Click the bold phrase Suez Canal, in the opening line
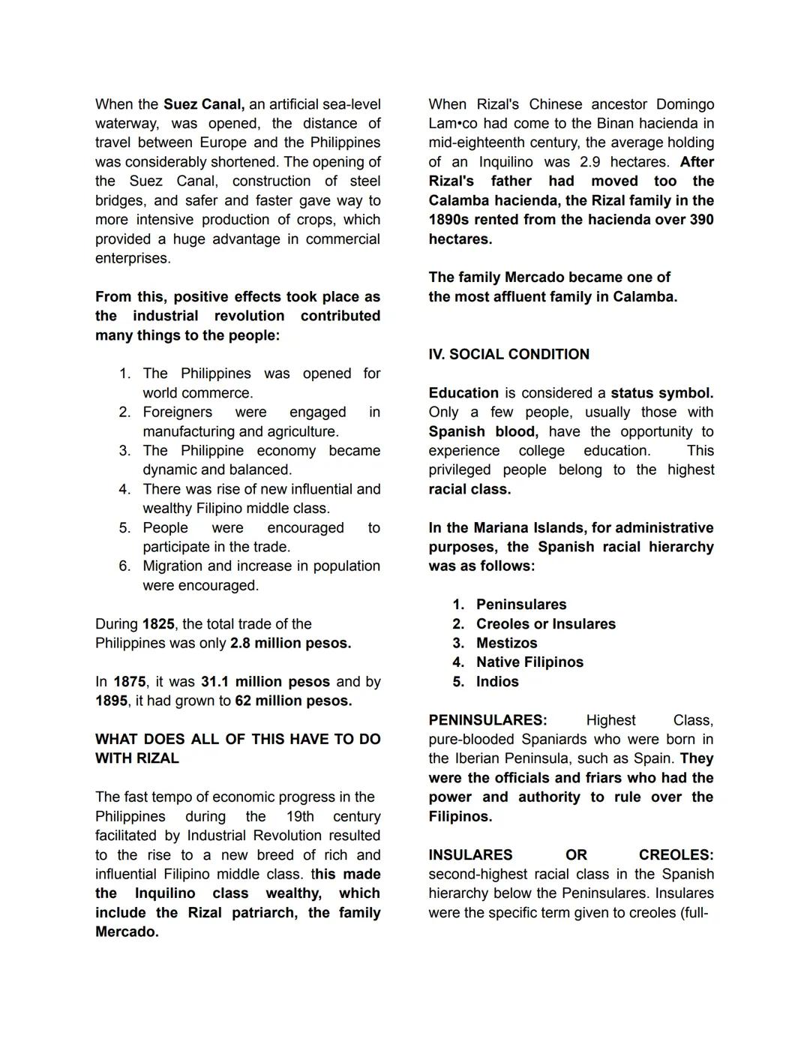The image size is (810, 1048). pos(203,104)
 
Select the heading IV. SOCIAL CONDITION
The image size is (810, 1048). pos(508,354)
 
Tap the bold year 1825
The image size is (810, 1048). pos(158,624)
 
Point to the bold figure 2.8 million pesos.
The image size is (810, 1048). pos(290,644)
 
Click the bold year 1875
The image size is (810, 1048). pos(130,682)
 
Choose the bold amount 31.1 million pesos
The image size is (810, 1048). pos(265,682)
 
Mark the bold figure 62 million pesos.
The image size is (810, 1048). pos(292,701)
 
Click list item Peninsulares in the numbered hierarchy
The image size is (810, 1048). pos(521,605)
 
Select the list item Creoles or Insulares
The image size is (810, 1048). pos(545,624)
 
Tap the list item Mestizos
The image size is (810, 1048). pos(506,644)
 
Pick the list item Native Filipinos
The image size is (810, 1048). pos(529,662)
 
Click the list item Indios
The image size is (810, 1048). pos(497,682)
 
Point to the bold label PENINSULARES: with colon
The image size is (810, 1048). pos(487,720)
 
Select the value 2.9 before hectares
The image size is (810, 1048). pos(590,162)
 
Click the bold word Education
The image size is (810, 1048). pos(463,393)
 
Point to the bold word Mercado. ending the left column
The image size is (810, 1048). pos(127,932)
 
